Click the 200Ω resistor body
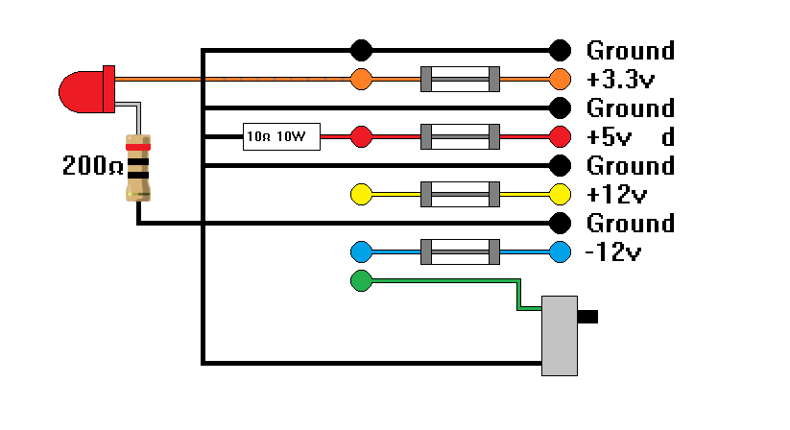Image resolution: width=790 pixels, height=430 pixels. point(139,168)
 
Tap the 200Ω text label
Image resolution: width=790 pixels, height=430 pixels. point(92,166)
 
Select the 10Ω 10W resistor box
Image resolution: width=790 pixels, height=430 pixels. point(279,137)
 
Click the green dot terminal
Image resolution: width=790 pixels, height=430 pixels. point(361,281)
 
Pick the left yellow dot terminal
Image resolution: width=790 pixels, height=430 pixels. point(362,195)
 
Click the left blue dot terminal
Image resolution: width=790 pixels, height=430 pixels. point(362,252)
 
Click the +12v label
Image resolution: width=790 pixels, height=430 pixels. point(617,195)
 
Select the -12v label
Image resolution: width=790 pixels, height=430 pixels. point(612,252)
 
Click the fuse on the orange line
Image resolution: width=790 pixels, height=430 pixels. point(461,80)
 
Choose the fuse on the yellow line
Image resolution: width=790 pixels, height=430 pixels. point(461,195)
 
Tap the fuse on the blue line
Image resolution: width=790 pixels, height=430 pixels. point(461,252)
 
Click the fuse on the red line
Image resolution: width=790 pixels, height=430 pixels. point(461,137)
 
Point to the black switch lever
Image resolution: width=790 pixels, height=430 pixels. point(588,316)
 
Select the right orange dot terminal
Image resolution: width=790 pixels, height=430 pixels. point(560,80)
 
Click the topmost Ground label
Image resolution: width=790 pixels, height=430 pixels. point(631,50)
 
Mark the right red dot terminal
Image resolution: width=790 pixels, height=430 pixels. point(560,137)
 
